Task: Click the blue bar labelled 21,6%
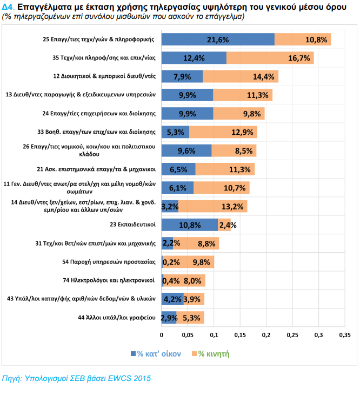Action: (218, 40)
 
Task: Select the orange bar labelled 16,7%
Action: (270, 58)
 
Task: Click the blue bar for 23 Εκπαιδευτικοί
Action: (190, 225)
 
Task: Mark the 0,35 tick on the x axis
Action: (344, 336)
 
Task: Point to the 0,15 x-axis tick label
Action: (240, 336)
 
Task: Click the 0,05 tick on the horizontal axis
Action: (188, 336)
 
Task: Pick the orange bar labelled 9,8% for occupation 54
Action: (189, 262)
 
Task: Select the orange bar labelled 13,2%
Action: (212, 206)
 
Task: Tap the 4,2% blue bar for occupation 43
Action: (173, 299)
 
